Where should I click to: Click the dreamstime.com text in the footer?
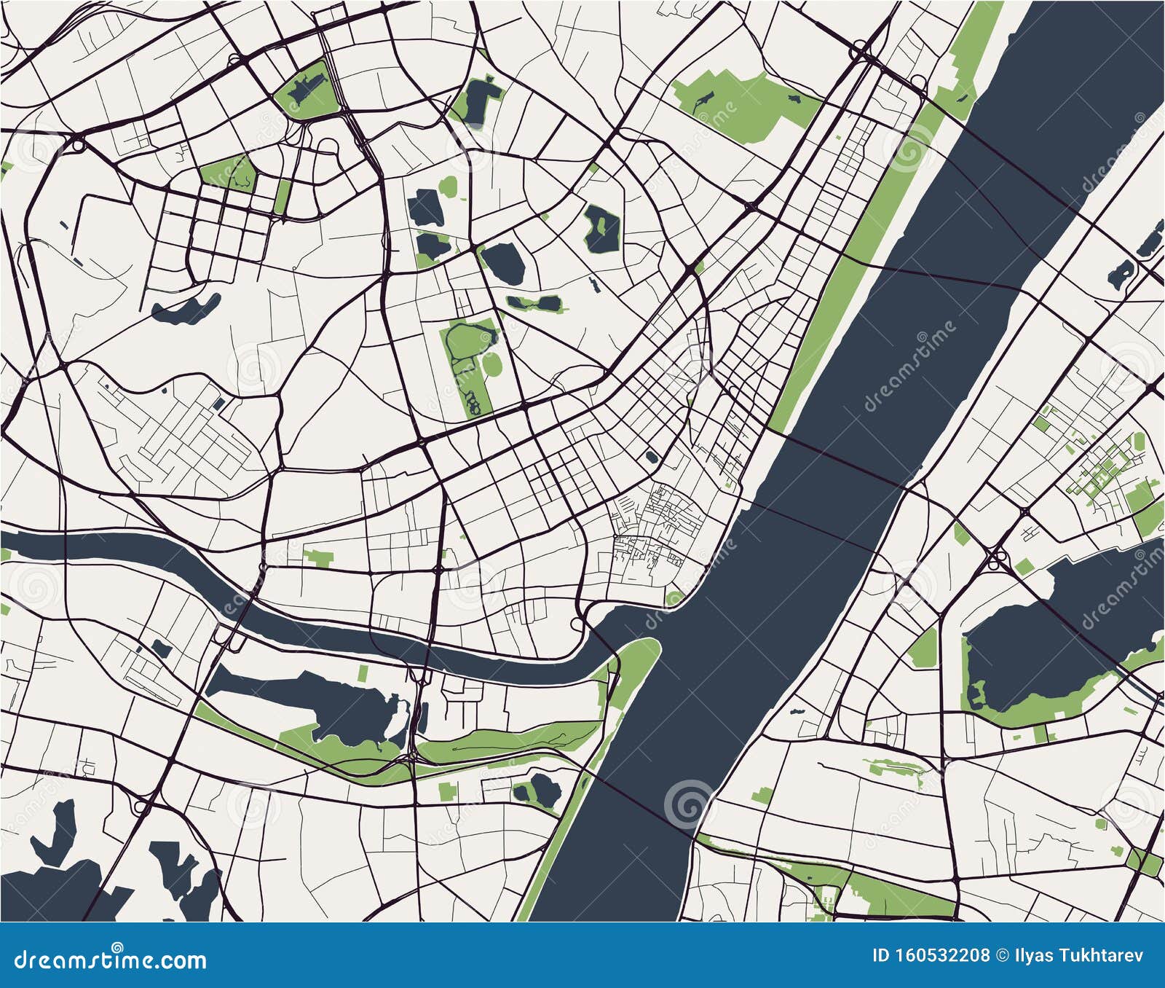(111, 960)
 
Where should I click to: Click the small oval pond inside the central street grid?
(651, 457)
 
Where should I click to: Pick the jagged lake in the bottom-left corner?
(66, 874)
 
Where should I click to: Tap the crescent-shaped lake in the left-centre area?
(186, 310)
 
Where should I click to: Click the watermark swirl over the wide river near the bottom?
(686, 801)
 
